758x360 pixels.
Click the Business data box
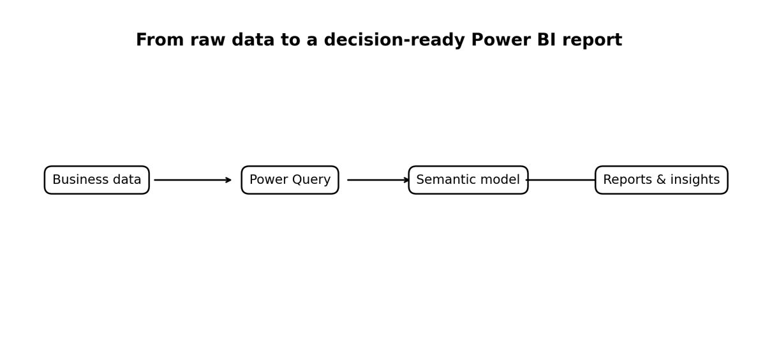click(x=97, y=180)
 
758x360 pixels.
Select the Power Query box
click(x=290, y=180)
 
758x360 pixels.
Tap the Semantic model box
click(x=468, y=180)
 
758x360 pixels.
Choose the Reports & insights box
click(x=661, y=180)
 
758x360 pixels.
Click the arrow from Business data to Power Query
click(x=193, y=180)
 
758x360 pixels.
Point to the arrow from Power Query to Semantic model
click(x=378, y=180)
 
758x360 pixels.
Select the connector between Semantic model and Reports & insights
click(x=561, y=180)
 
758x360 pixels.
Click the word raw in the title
click(x=208, y=40)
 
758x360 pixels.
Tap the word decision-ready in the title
click(x=394, y=41)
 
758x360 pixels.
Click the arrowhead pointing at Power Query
click(x=228, y=180)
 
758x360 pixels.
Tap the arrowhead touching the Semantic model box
click(x=406, y=180)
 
